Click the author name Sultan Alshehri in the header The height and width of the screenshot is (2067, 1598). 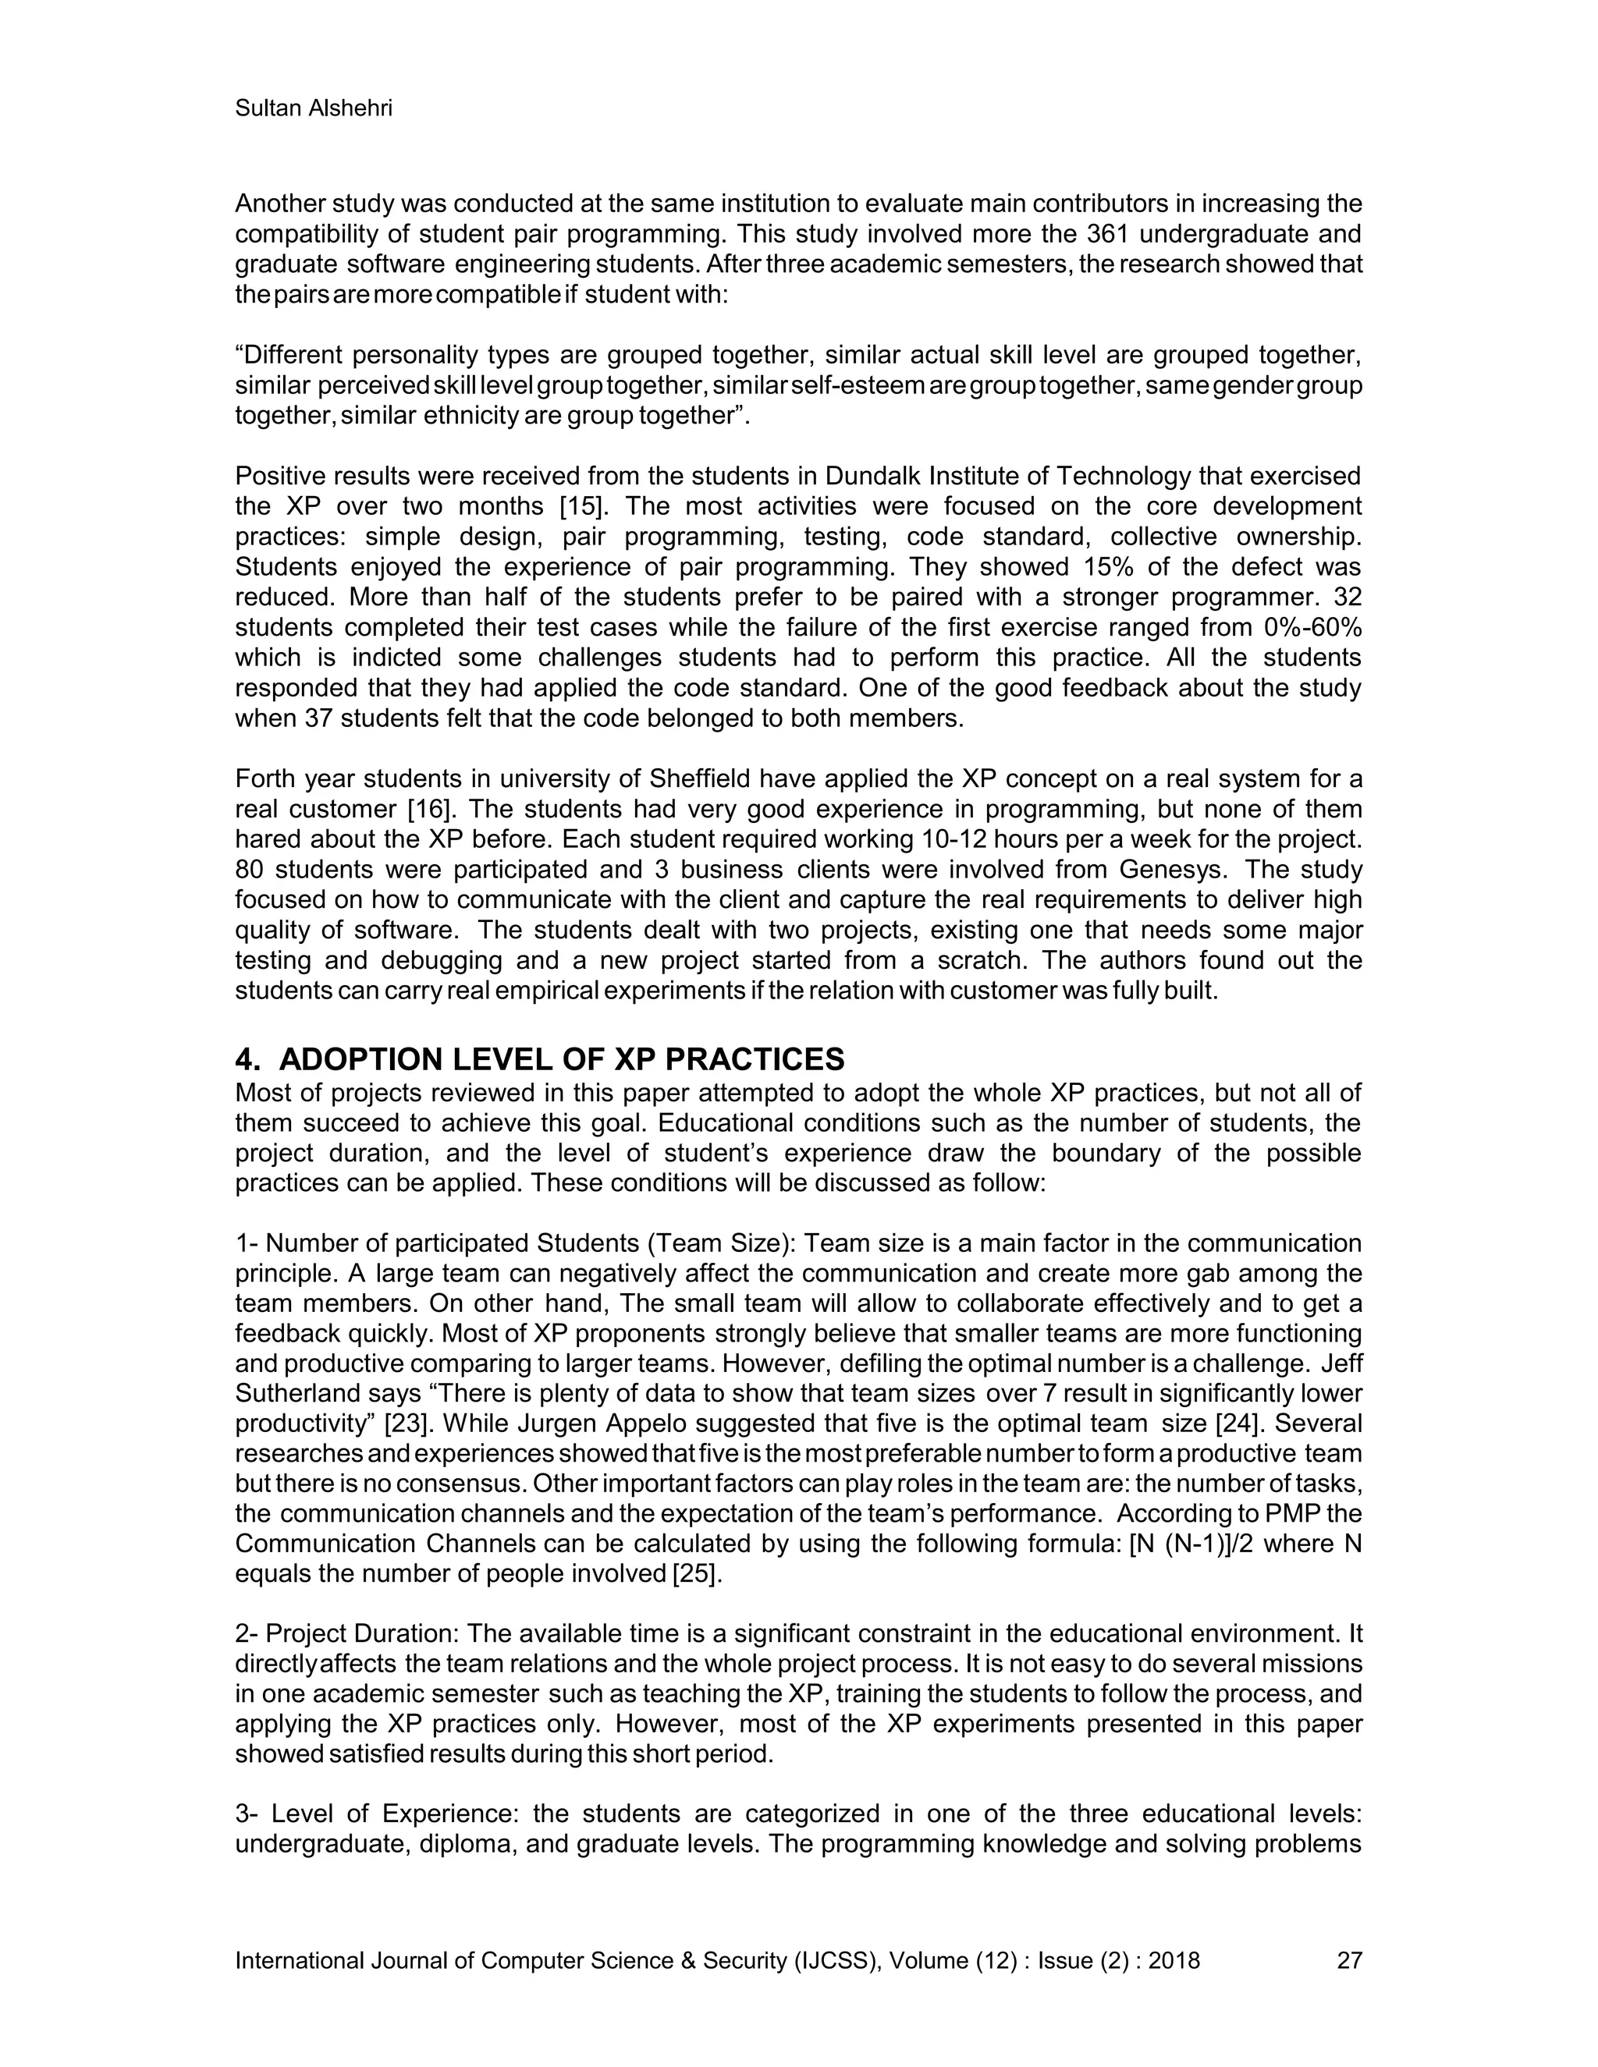(314, 109)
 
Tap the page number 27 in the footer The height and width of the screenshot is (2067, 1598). (1348, 1961)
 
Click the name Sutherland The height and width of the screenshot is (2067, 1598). (303, 1393)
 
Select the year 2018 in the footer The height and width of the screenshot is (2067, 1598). (1174, 1961)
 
